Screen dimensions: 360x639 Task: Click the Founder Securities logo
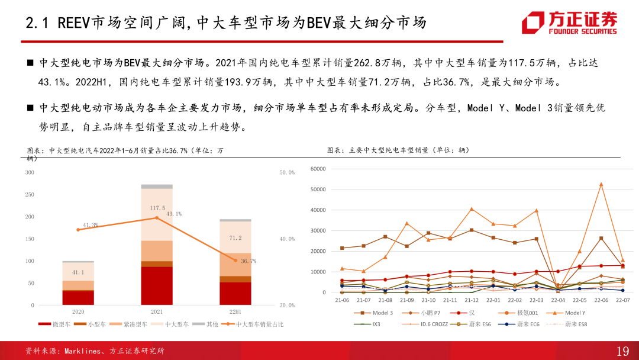(x=569, y=23)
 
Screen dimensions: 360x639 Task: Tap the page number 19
(x=622, y=351)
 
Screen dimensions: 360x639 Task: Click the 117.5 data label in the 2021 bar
(x=157, y=208)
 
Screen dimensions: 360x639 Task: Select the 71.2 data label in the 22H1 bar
(x=235, y=238)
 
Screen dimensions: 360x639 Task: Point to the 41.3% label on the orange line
(x=91, y=225)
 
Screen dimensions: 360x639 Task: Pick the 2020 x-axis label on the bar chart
(x=78, y=311)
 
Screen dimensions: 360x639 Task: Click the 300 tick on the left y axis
(x=29, y=172)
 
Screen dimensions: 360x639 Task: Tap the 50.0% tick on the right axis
(x=287, y=172)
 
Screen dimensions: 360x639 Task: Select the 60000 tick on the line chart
(x=318, y=169)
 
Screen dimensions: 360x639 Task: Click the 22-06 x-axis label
(x=601, y=300)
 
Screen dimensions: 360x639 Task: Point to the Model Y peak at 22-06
(x=601, y=184)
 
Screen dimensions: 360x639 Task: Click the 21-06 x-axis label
(x=341, y=300)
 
